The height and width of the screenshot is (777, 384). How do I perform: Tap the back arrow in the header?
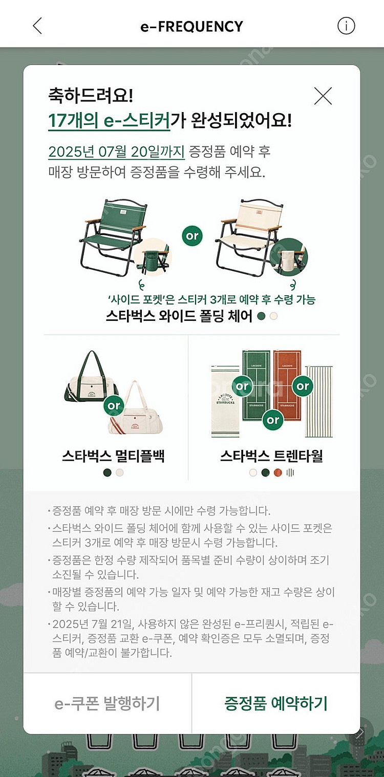tap(37, 26)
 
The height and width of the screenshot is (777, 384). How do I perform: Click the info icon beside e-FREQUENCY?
tap(346, 26)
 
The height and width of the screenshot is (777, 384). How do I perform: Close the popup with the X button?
tap(323, 96)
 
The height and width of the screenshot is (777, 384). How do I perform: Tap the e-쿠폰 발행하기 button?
tap(107, 703)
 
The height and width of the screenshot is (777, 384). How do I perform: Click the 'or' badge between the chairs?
tap(192, 236)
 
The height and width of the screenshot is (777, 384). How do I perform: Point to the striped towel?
tap(319, 401)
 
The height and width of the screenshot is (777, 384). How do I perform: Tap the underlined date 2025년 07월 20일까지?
tap(116, 152)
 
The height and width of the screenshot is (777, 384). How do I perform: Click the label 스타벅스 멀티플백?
tap(113, 456)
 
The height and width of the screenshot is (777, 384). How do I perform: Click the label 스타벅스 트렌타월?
tap(271, 456)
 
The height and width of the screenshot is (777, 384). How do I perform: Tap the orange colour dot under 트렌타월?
tap(278, 472)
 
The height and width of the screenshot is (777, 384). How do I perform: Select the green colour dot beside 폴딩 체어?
tap(262, 316)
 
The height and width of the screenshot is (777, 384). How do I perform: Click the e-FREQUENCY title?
tap(191, 26)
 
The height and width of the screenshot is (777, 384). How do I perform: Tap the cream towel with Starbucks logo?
tap(225, 402)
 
